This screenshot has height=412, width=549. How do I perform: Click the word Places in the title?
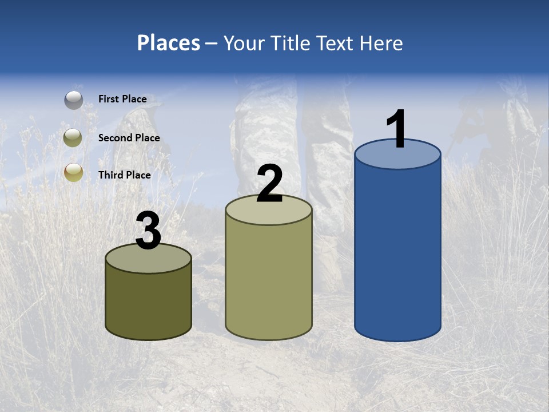tap(169, 43)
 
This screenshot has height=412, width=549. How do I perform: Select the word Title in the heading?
tap(291, 43)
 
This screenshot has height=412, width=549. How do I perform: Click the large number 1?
tap(396, 129)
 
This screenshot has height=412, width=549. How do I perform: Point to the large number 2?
tap(269, 184)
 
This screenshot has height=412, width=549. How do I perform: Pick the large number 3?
tap(148, 231)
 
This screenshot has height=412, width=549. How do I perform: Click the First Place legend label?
tap(122, 99)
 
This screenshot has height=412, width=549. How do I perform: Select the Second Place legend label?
tap(129, 138)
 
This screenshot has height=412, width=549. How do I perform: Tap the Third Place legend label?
tap(124, 175)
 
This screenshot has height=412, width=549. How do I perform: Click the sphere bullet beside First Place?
tap(74, 100)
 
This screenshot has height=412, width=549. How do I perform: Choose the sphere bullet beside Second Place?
tap(73, 138)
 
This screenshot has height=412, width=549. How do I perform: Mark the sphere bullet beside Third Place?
tap(73, 172)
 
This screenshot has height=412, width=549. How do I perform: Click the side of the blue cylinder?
tap(397, 252)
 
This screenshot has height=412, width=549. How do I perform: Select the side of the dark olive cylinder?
tap(148, 303)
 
